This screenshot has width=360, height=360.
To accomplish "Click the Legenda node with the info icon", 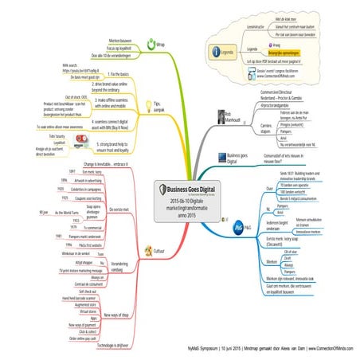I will (x=227, y=52).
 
